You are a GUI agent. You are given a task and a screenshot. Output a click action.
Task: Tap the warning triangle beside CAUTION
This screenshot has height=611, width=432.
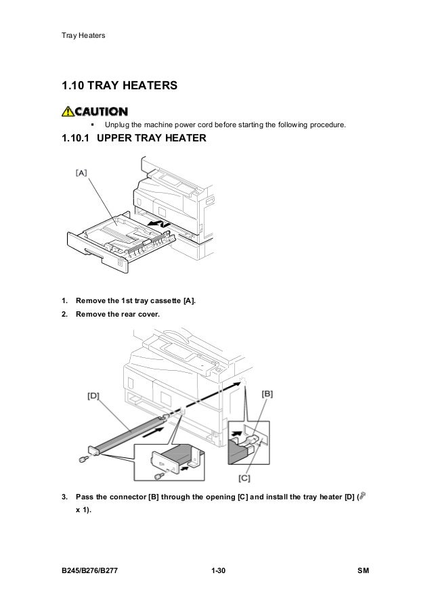pos(70,111)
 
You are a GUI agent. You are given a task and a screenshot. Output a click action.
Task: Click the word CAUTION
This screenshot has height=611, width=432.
pos(102,111)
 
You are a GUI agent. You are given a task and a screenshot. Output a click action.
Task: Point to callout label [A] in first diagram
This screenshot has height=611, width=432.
pos(81,173)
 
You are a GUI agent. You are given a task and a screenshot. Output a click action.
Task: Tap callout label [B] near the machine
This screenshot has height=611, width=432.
pos(267,393)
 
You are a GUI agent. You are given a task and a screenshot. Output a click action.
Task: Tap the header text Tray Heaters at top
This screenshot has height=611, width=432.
pos(84,35)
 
